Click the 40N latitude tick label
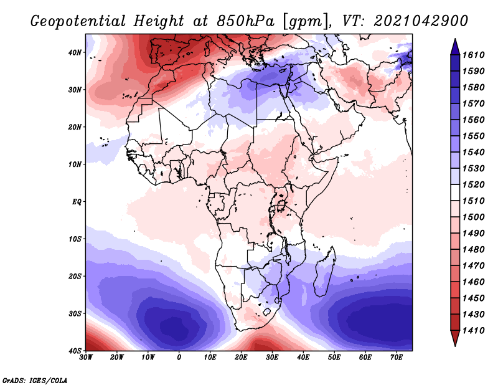[x=75, y=52]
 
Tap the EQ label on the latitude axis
[x=77, y=202]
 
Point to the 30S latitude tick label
[x=75, y=313]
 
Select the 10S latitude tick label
[x=75, y=239]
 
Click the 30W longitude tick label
[x=86, y=358]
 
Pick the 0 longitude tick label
[x=179, y=358]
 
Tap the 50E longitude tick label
[x=334, y=358]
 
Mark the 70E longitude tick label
[x=397, y=358]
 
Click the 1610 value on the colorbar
[x=473, y=55]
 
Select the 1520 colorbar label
[x=473, y=184]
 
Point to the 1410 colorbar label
[x=473, y=330]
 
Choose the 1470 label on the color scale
[x=473, y=265]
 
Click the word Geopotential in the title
[x=78, y=22]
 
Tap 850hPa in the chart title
[x=245, y=21]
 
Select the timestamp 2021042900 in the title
[x=421, y=21]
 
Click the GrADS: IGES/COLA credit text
[x=35, y=380]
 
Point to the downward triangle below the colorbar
[x=455, y=338]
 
